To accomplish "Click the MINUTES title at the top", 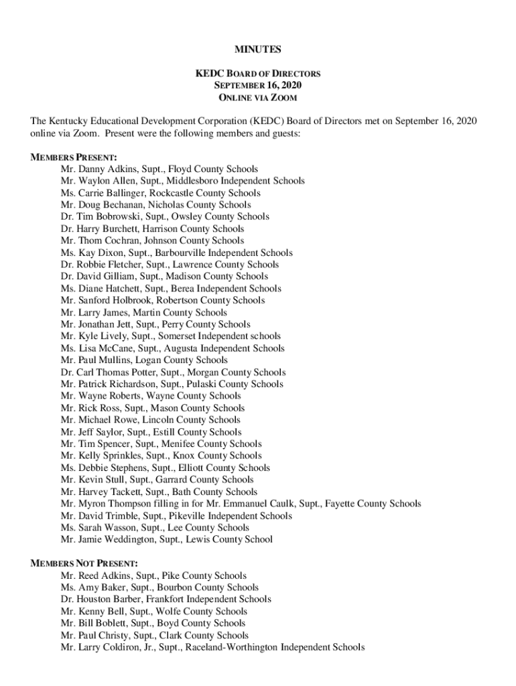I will [257, 50].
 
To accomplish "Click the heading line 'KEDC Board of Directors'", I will [257, 74].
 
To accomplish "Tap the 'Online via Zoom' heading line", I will [257, 98].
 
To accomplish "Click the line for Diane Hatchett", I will [171, 289].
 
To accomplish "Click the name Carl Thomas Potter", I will [112, 372].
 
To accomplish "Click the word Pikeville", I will [188, 516].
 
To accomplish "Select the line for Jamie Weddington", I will [166, 539].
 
